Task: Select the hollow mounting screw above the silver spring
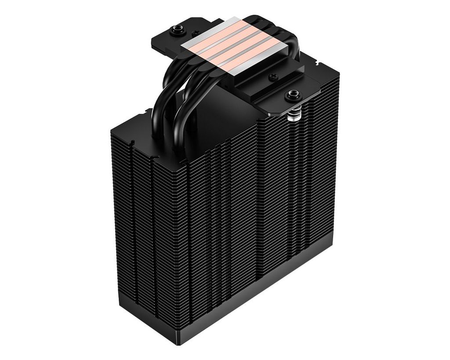point(292,94)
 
